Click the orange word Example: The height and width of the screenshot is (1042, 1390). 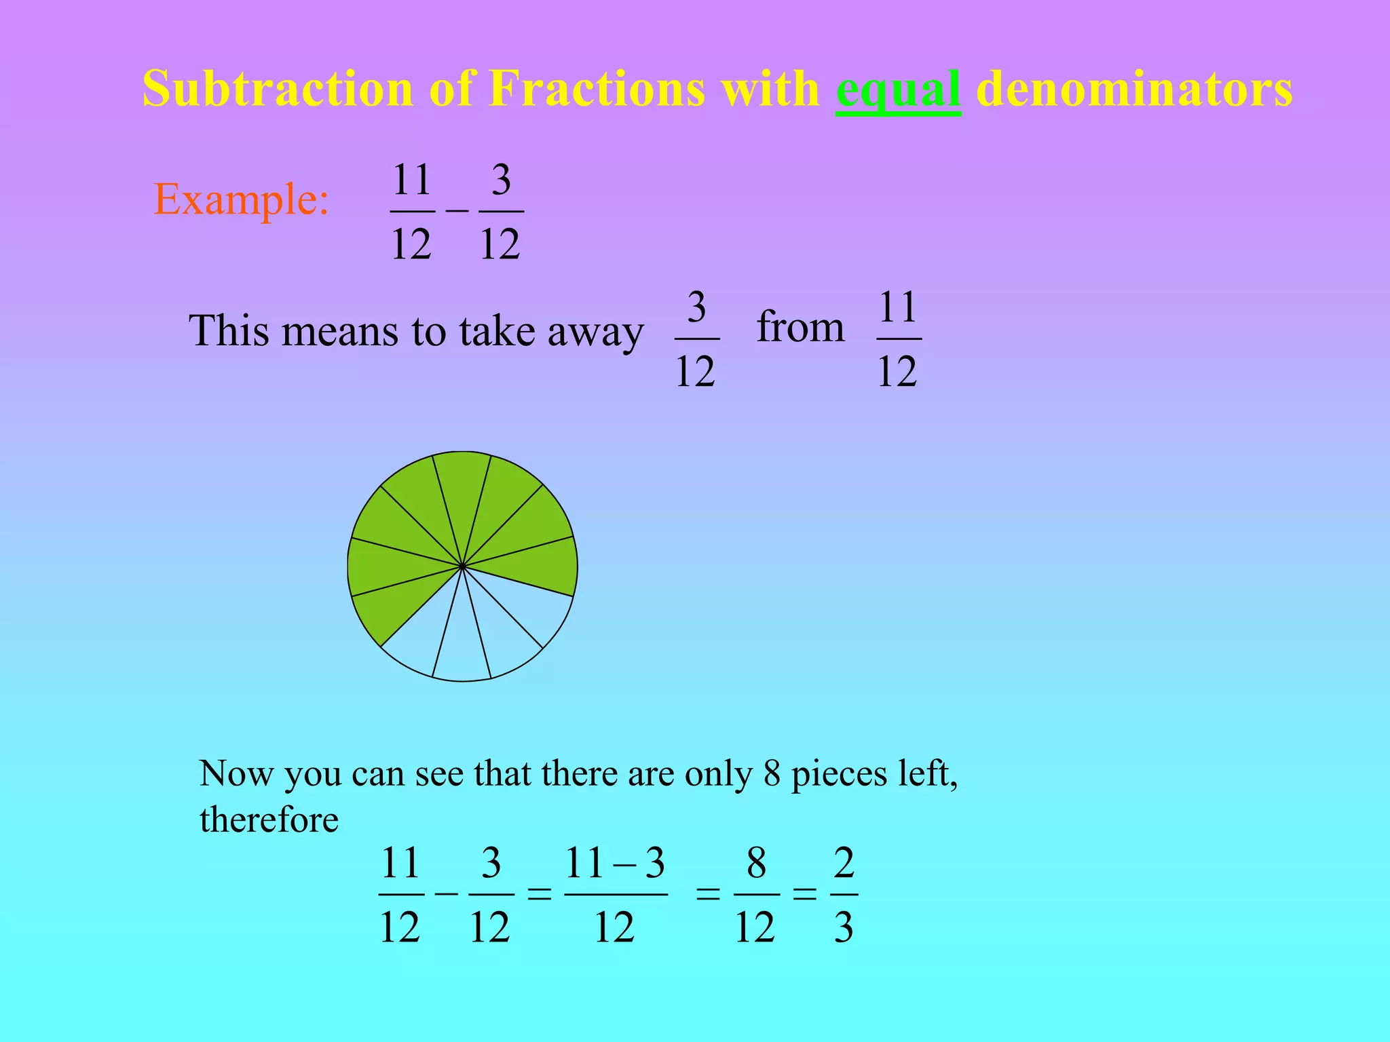pos(242,199)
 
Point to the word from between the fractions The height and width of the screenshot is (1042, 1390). pos(800,327)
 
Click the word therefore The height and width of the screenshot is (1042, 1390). pos(269,819)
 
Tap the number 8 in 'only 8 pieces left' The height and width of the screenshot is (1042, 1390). pos(772,773)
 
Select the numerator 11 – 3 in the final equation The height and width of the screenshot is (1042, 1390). pos(615,864)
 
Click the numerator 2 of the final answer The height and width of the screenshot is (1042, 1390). pos(844,864)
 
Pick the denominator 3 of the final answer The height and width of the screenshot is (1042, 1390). pos(844,927)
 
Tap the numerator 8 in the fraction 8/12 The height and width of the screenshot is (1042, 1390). pos(756,864)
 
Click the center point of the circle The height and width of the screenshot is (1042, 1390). pos(462,566)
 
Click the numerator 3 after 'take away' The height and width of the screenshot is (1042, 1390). pos(696,307)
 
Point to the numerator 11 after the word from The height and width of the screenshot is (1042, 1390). pos(898,307)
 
